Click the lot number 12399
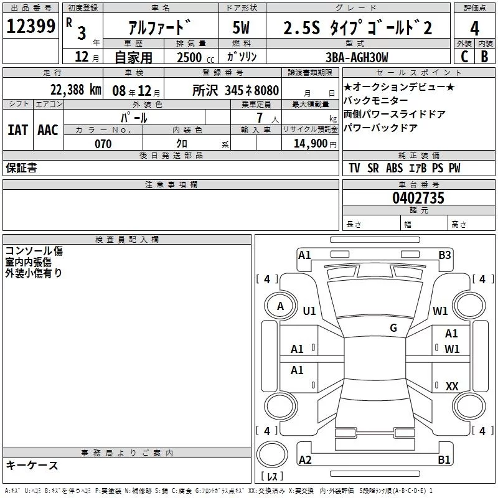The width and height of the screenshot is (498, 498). click(31, 27)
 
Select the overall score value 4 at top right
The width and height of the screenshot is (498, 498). click(474, 29)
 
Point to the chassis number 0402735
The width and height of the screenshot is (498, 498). click(418, 199)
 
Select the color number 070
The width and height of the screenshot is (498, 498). click(103, 144)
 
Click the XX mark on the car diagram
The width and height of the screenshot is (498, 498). click(452, 387)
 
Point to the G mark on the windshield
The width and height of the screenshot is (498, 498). click(393, 328)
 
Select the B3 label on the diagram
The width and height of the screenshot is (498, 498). click(444, 255)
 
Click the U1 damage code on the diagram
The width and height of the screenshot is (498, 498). click(309, 311)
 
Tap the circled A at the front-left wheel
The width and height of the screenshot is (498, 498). click(280, 306)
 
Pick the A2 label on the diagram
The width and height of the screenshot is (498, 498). click(305, 460)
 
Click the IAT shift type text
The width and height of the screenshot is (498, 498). click(17, 130)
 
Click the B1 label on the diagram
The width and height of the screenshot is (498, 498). click(444, 460)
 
